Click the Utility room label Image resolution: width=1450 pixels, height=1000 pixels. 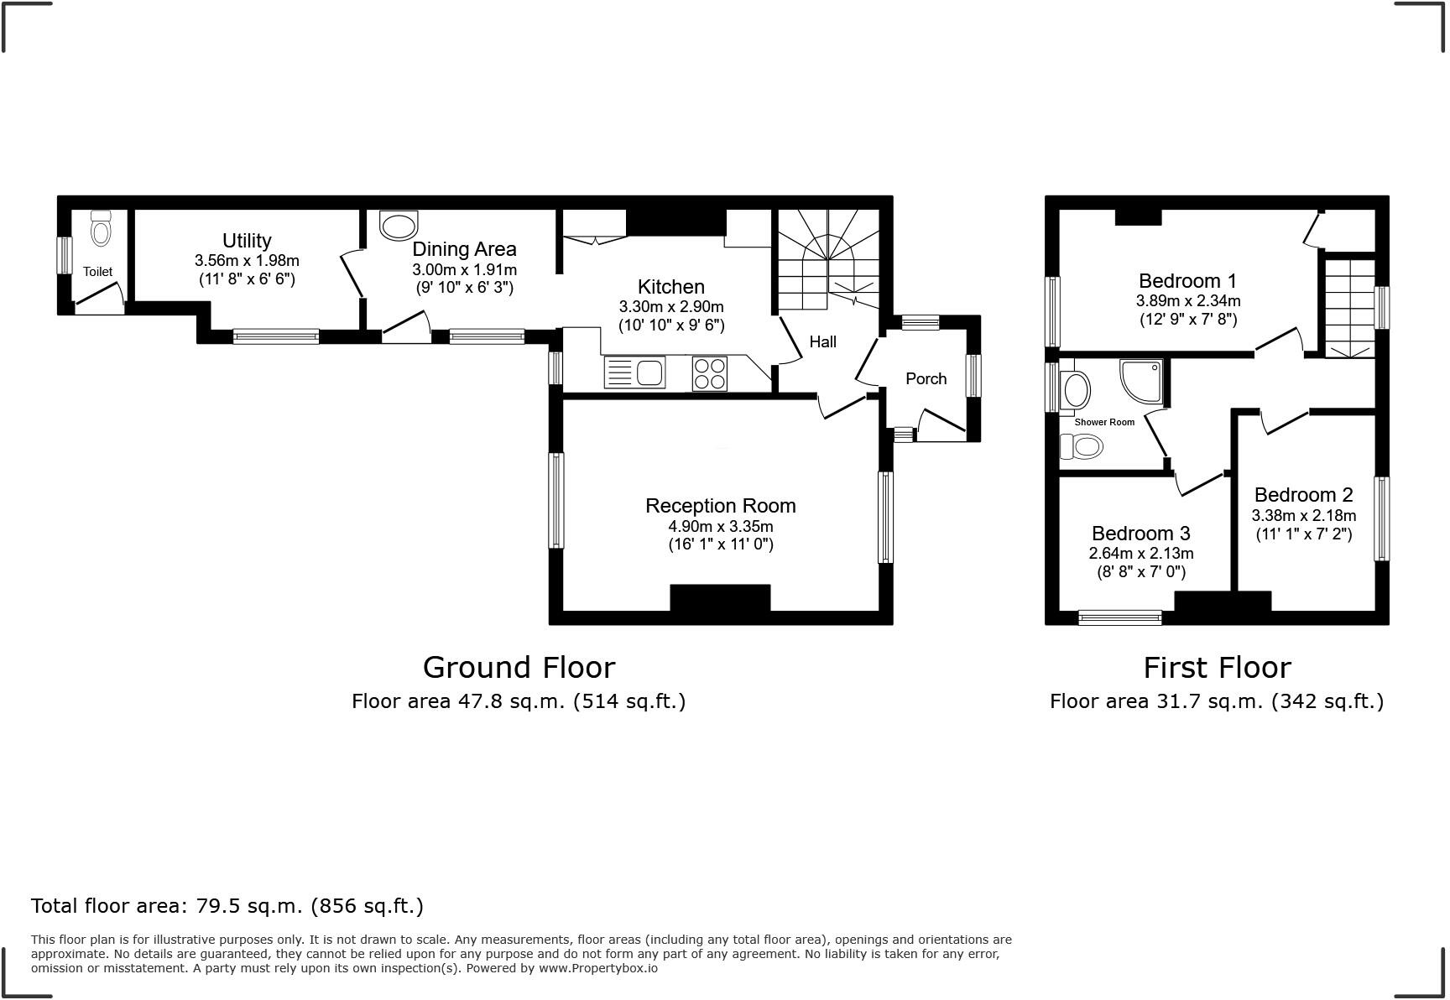click(247, 241)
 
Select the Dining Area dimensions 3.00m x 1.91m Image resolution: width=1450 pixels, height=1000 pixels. click(464, 269)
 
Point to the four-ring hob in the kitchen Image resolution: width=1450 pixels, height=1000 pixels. click(710, 373)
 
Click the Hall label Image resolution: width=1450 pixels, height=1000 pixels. click(822, 341)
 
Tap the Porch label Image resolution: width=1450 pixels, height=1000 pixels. click(926, 378)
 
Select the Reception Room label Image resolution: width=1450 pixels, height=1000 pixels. click(720, 506)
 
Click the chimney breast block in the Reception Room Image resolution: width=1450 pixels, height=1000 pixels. click(720, 597)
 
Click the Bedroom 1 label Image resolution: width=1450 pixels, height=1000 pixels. click(1187, 280)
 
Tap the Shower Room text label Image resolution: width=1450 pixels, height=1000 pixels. click(1104, 422)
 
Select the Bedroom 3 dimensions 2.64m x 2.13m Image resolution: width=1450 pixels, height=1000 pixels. click(1140, 554)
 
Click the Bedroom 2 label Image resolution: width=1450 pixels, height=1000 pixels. click(1303, 495)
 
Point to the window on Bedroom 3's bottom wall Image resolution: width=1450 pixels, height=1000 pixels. click(1120, 618)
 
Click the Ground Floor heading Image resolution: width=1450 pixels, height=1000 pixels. click(519, 667)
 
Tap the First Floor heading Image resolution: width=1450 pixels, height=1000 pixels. click(1217, 667)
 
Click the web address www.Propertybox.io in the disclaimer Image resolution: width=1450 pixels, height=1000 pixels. click(597, 968)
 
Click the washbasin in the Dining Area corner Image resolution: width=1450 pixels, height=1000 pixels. click(399, 226)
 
